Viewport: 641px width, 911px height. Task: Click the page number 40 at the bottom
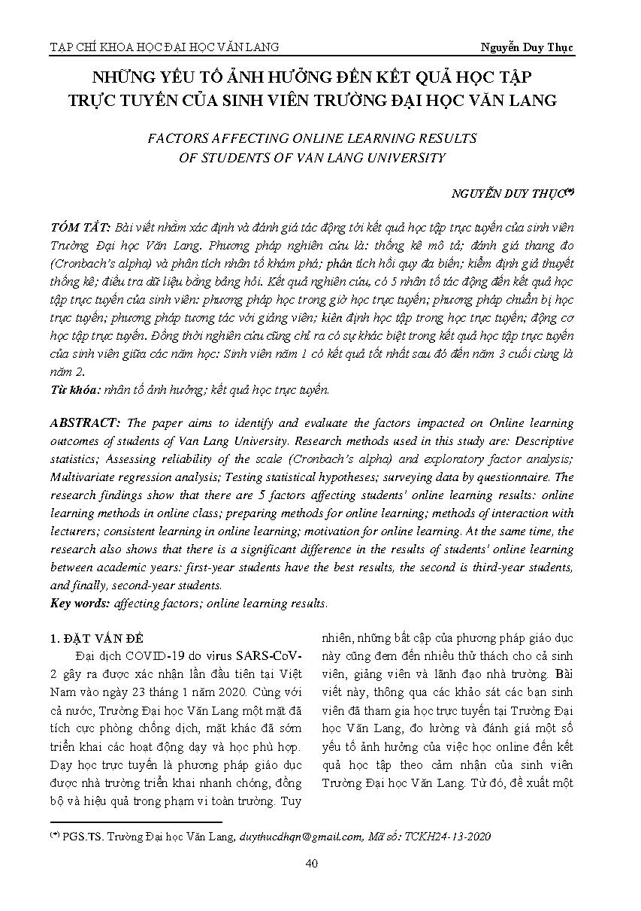pos(312,863)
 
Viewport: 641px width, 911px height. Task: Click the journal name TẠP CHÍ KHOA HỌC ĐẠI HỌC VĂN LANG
pos(164,47)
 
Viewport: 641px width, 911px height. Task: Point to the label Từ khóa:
pos(73,389)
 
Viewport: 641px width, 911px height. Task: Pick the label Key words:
pos(80,603)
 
